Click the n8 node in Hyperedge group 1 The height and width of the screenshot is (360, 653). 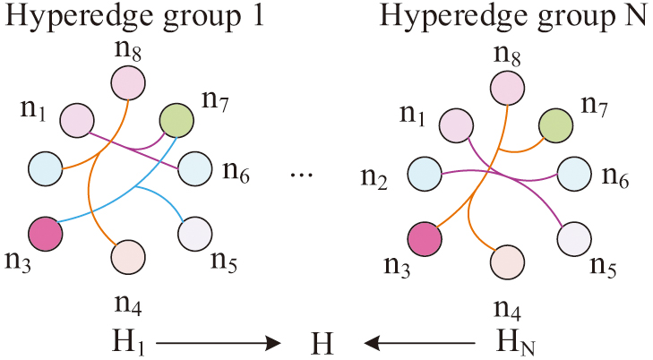pos(128,83)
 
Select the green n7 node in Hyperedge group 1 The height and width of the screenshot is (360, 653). pos(175,119)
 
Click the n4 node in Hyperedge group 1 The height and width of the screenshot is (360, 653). pos(128,256)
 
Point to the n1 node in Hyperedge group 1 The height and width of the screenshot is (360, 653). pos(78,121)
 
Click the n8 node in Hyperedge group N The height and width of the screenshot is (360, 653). pos(507,87)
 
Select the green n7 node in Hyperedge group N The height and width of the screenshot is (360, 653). pos(555,125)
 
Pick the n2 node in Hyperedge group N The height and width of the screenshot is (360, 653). pos(424,174)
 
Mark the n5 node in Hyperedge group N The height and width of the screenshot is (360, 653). pos(574,239)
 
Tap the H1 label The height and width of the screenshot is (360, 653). pos(125,341)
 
